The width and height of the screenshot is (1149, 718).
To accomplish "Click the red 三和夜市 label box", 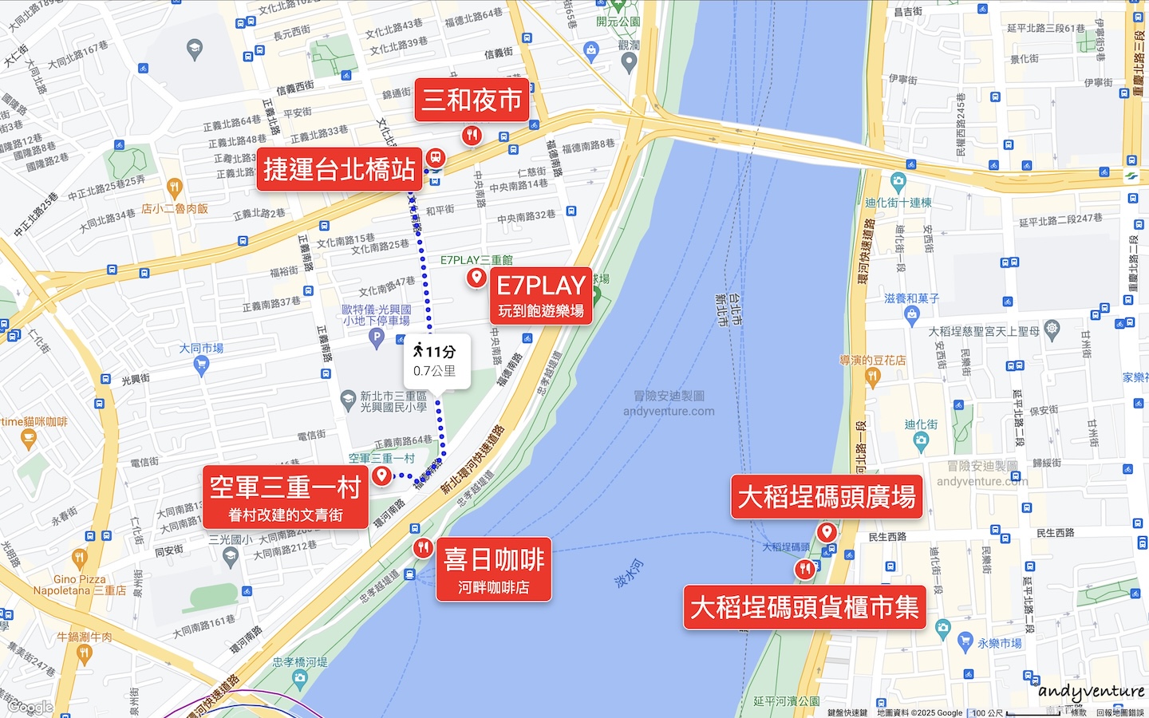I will (x=472, y=100).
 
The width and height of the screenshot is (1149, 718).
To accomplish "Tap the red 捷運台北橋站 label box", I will (x=339, y=169).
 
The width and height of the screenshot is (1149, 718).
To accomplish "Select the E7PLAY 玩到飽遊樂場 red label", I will (x=541, y=295).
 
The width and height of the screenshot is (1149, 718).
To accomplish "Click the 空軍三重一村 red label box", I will (x=286, y=497).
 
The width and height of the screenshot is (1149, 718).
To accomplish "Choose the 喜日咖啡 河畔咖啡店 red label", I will (x=493, y=570).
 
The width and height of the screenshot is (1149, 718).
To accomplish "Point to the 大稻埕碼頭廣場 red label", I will (x=827, y=497).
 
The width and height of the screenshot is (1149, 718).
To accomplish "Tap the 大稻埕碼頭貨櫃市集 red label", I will (x=804, y=607).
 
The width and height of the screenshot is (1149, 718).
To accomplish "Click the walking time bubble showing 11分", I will (x=436, y=361).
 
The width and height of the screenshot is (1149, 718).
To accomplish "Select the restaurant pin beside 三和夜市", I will (x=472, y=135).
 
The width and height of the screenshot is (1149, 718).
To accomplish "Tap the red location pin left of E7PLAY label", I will (x=476, y=277).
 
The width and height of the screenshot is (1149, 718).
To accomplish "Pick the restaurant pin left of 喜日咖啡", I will (x=423, y=547).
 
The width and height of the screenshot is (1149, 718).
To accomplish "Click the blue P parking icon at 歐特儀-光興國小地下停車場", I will (x=377, y=337).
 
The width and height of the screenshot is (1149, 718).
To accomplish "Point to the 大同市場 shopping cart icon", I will (x=201, y=365).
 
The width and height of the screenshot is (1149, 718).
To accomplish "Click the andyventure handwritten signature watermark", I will (x=1091, y=692).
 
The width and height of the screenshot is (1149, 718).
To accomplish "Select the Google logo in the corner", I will (x=30, y=707).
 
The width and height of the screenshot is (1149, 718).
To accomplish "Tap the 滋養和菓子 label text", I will (x=911, y=298).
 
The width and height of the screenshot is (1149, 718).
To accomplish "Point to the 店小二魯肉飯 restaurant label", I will (x=175, y=208).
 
